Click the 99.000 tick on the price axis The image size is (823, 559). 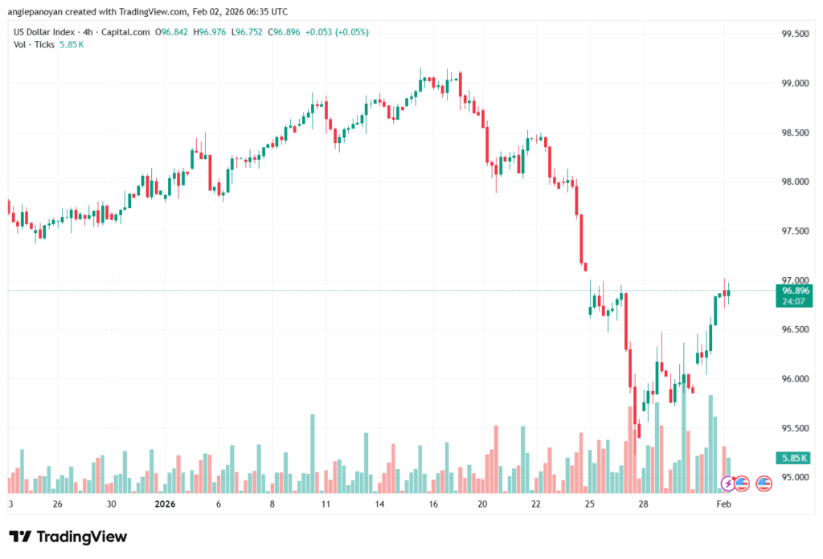pyautogui.click(x=795, y=83)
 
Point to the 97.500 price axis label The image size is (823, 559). pyautogui.click(x=795, y=231)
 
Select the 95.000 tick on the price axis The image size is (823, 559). pyautogui.click(x=795, y=477)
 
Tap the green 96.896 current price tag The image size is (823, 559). pyautogui.click(x=795, y=290)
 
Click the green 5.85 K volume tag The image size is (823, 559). pyautogui.click(x=795, y=458)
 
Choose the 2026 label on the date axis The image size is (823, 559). pyautogui.click(x=165, y=504)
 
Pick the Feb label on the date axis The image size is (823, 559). pyautogui.click(x=723, y=504)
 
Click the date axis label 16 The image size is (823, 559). pyautogui.click(x=433, y=504)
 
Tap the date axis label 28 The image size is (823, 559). pyautogui.click(x=644, y=504)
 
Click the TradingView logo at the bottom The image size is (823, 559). pyautogui.click(x=68, y=537)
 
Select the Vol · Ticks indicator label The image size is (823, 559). pyautogui.click(x=33, y=44)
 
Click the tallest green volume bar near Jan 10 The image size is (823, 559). pyautogui.click(x=312, y=454)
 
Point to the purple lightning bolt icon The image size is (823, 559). pyautogui.click(x=727, y=484)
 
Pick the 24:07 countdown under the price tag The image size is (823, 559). pyautogui.click(x=795, y=301)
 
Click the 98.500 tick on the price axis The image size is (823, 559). pyautogui.click(x=795, y=133)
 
